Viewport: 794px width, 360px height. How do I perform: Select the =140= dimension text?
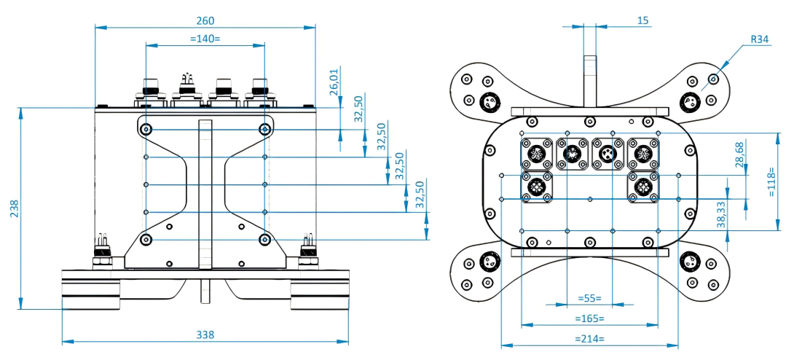(x=205, y=39)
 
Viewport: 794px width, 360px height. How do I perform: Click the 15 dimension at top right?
(x=643, y=20)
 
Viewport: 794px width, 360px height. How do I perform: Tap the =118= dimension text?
(x=774, y=181)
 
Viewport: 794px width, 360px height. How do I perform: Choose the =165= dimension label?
(x=589, y=318)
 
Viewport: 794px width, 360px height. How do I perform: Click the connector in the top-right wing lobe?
(x=689, y=101)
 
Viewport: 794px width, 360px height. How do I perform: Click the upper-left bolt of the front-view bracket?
(x=147, y=130)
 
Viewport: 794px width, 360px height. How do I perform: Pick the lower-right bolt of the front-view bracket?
(x=264, y=239)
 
